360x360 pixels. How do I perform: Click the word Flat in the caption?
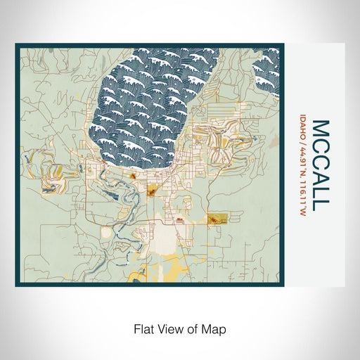coord(143,328)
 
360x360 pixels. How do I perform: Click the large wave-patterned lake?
coord(155,105)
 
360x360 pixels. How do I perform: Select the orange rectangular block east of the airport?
coord(218,220)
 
